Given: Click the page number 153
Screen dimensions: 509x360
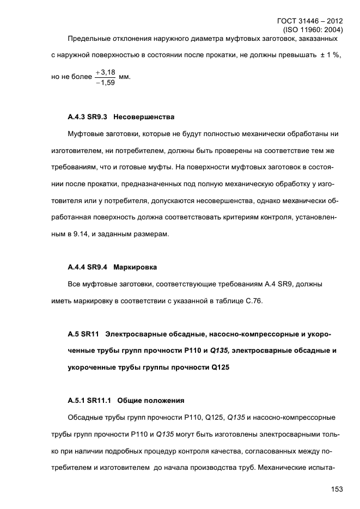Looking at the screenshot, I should (x=336, y=489).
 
